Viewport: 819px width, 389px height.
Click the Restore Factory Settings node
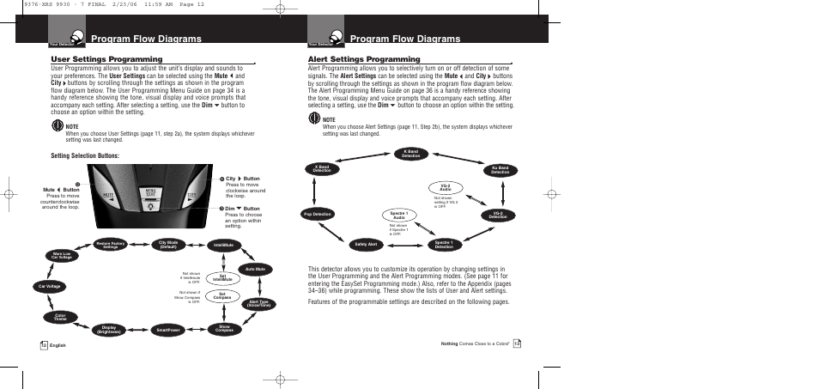pyautogui.click(x=111, y=245)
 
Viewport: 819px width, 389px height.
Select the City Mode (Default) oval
pyautogui.click(x=168, y=244)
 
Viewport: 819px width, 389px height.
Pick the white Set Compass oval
pyautogui.click(x=221, y=296)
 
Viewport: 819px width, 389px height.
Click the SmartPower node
pyautogui.click(x=168, y=329)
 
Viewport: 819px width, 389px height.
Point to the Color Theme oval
pyautogui.click(x=61, y=317)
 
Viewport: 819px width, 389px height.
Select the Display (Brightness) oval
pyautogui.click(x=109, y=329)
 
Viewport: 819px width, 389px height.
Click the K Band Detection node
pyautogui.click(x=411, y=154)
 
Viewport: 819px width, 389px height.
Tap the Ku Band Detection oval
pyautogui.click(x=500, y=170)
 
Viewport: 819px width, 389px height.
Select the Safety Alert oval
pyautogui.click(x=366, y=245)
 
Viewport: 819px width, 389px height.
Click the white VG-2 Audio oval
pyautogui.click(x=444, y=187)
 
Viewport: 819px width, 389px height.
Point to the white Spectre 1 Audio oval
pyautogui.click(x=397, y=215)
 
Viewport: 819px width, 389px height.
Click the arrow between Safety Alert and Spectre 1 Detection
pyautogui.click(x=404, y=245)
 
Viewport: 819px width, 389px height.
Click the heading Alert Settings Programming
pyautogui.click(x=353, y=59)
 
